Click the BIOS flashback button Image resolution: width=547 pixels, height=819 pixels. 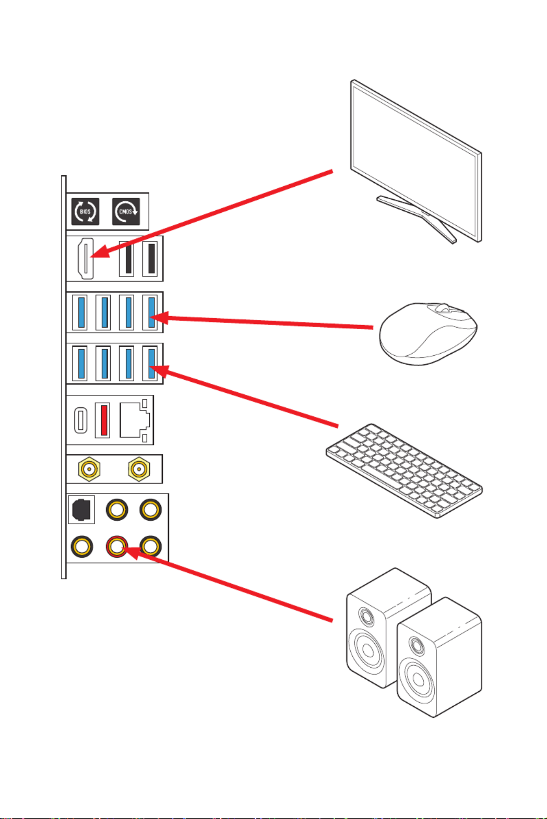pyautogui.click(x=85, y=212)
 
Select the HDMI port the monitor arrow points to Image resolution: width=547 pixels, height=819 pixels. pyautogui.click(x=86, y=258)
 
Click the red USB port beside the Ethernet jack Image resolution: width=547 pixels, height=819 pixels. pyautogui.click(x=103, y=420)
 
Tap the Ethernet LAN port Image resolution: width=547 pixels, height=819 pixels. pyautogui.click(x=135, y=420)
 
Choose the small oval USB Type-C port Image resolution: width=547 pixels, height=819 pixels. pyautogui.click(x=80, y=420)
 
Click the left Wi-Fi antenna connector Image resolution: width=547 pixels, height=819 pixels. pyautogui.click(x=89, y=469)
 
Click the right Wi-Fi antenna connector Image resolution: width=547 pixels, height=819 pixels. pyautogui.click(x=138, y=469)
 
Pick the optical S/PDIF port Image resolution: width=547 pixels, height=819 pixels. pyautogui.click(x=81, y=509)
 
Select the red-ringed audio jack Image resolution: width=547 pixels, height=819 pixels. pyautogui.click(x=116, y=547)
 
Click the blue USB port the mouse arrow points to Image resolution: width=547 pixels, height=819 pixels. pyautogui.click(x=150, y=312)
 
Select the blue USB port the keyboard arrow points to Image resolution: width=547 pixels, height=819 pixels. pyautogui.click(x=150, y=363)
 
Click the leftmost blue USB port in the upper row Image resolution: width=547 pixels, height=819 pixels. pyautogui.click(x=80, y=312)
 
